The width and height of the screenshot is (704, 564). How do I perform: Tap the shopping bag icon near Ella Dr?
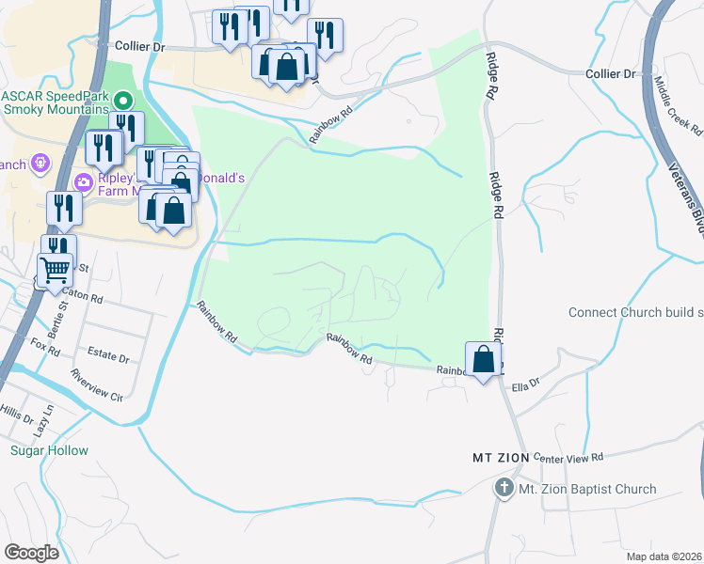click(x=483, y=359)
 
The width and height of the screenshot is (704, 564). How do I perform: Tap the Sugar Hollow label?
click(x=49, y=450)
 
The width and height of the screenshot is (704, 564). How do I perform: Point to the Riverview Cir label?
click(x=97, y=384)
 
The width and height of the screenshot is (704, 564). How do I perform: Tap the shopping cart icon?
click(x=55, y=269)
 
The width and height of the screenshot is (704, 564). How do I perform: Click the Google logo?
click(x=31, y=553)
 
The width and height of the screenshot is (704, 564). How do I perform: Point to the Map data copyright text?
click(x=663, y=556)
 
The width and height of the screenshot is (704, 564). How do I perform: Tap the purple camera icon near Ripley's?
click(x=84, y=181)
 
